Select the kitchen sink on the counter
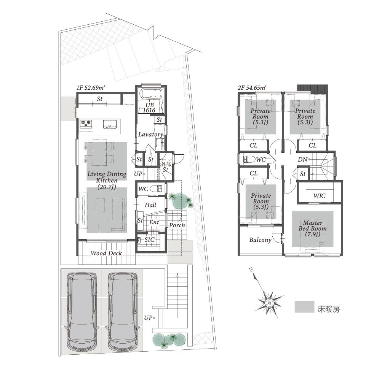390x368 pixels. [110, 124]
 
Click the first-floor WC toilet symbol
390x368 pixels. [156, 189]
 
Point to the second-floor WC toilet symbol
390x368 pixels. [249, 159]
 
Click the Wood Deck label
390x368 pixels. [106, 253]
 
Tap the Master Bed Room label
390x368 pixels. [313, 228]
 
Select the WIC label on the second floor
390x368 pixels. [320, 196]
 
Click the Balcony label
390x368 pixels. [260, 240]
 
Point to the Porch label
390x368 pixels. [177, 225]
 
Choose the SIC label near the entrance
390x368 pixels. [149, 240]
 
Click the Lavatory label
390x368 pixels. [151, 135]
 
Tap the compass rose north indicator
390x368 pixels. [251, 270]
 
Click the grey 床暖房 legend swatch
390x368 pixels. [304, 307]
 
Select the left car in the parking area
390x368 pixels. [82, 312]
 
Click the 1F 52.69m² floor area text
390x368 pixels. [91, 88]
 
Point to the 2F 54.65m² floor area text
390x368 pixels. [252, 88]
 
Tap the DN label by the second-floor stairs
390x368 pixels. [303, 160]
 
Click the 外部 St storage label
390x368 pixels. [166, 167]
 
